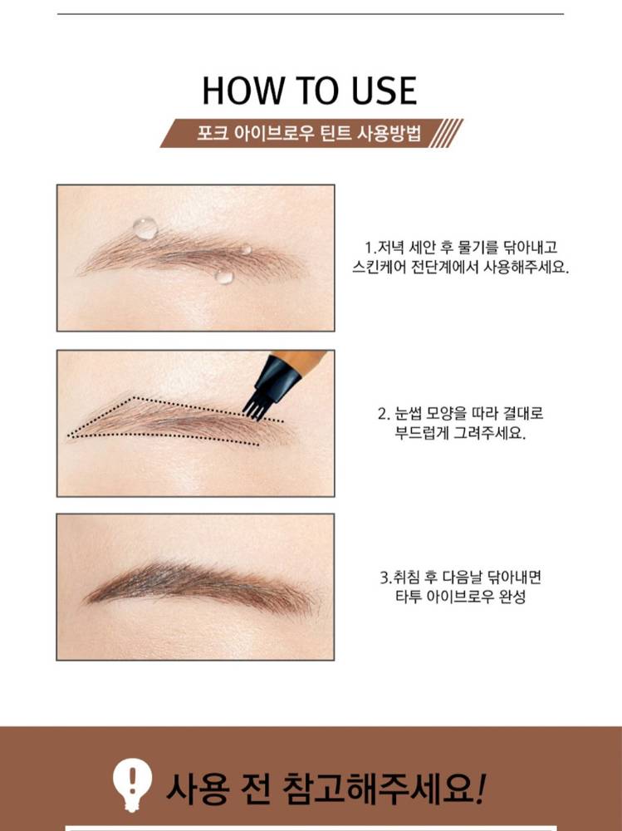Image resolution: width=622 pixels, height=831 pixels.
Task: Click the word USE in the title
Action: pos(384,91)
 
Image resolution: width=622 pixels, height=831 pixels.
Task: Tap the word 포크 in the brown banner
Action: pos(213,132)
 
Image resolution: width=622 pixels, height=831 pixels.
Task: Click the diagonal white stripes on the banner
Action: pos(446,133)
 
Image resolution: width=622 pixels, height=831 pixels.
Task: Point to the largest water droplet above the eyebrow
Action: pos(145,229)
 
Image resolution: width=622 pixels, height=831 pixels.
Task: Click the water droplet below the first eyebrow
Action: pos(224,276)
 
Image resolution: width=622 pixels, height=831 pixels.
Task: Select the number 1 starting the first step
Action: pos(368,248)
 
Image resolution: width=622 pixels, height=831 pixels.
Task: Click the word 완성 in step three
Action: pos(512,597)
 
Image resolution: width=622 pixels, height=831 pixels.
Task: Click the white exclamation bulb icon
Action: pos(132,784)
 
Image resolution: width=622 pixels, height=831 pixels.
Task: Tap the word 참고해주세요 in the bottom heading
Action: pos(384,788)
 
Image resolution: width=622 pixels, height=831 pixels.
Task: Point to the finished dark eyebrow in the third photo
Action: pos(201,587)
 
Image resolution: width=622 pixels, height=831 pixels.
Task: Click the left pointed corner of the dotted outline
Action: pos(68,435)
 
